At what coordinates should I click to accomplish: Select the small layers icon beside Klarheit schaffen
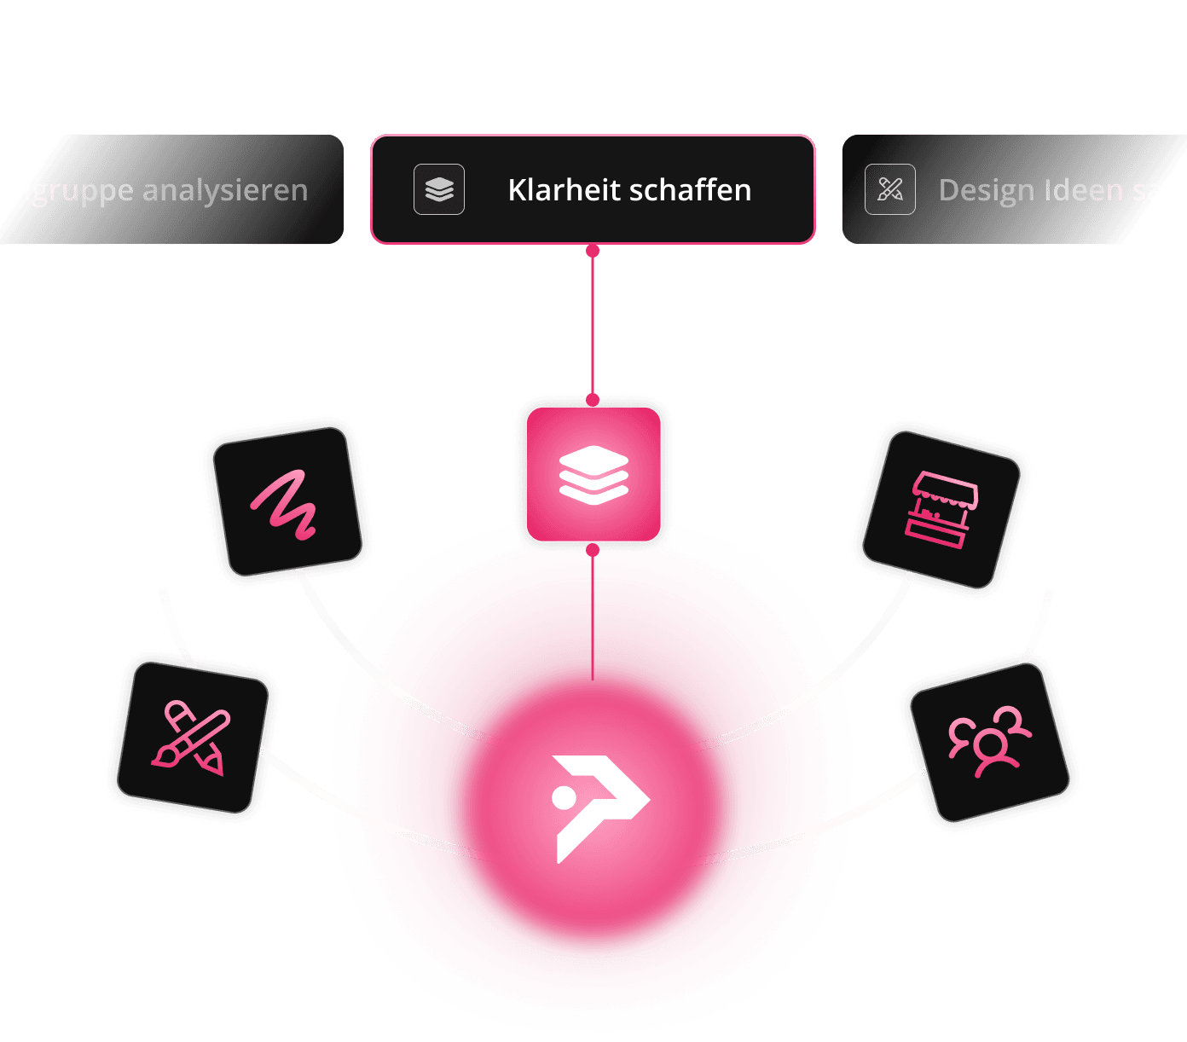[439, 189]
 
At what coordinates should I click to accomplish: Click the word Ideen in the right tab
[1088, 189]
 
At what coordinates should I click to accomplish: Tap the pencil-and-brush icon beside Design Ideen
[890, 189]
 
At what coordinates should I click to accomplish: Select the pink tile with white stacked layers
[593, 474]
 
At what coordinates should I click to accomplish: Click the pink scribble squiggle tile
[287, 501]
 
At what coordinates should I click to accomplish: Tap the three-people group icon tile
[989, 743]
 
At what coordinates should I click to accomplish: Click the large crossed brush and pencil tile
[192, 738]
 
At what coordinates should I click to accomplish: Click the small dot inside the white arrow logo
[564, 797]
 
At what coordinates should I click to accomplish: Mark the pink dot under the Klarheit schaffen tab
[593, 251]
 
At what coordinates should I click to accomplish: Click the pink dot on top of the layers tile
[593, 399]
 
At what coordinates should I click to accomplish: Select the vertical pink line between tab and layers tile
[593, 324]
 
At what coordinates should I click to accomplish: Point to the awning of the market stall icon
[945, 489]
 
